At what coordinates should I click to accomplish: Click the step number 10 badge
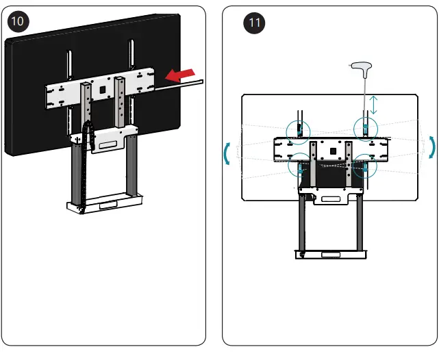18,21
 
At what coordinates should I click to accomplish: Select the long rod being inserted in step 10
179,84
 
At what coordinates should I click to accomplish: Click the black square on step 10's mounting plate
101,88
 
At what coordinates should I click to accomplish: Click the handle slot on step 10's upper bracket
106,144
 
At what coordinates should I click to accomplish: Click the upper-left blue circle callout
299,129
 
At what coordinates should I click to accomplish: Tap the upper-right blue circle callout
365,127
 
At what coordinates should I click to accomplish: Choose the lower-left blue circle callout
299,165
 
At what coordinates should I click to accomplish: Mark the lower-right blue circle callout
365,166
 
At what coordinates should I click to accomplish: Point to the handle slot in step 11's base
330,254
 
